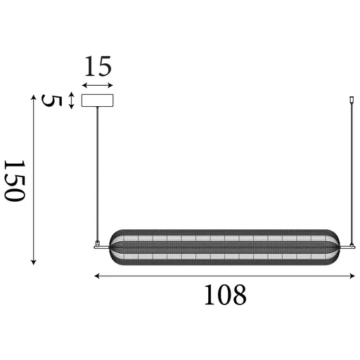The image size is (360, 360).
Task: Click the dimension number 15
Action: pyautogui.click(x=98, y=68)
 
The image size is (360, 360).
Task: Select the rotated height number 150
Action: pyautogui.click(x=15, y=180)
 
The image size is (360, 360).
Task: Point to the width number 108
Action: pyautogui.click(x=225, y=295)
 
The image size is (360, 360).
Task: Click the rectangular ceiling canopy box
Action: pyautogui.click(x=98, y=101)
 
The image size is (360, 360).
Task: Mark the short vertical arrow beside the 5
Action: pyautogui.click(x=72, y=101)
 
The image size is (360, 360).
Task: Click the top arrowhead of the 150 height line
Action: pyautogui.click(x=34, y=96)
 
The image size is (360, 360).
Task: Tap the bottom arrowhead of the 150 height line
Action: pyautogui.click(x=34, y=262)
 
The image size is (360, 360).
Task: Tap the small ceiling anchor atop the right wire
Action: pyautogui.click(x=351, y=103)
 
